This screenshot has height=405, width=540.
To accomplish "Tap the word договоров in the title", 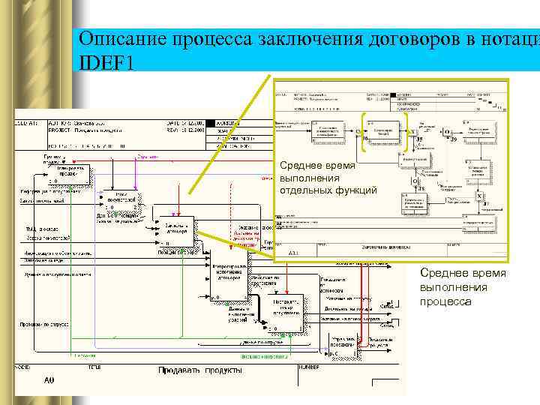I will click(391, 39).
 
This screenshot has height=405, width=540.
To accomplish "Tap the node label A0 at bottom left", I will click(49, 381).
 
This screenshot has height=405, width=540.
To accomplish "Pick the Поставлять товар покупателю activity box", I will click(283, 310).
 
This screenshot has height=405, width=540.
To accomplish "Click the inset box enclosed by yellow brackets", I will click(384, 132).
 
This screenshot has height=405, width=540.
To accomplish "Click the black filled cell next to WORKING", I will click(210, 122).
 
